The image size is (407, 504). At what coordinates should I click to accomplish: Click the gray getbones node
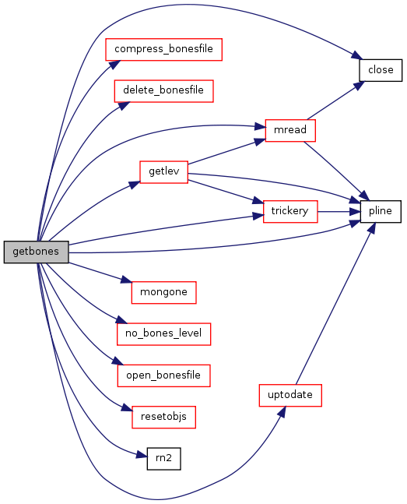coord(36,252)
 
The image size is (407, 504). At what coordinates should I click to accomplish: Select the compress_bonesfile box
coord(163,49)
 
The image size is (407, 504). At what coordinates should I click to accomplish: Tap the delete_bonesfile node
coord(163,91)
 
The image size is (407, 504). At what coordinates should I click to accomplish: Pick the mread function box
coord(290,130)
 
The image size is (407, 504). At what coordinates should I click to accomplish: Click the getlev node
coord(164,172)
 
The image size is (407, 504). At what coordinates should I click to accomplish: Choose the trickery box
coord(290,212)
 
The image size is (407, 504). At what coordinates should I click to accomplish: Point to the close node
coord(381,70)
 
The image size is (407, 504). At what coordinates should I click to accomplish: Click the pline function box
coord(381,212)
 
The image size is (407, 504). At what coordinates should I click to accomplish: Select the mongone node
coord(164,292)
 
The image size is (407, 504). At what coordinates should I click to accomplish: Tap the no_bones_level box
coord(164,334)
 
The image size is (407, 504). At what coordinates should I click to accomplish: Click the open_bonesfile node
coord(164,375)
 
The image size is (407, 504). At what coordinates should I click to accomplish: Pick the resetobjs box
coord(164,418)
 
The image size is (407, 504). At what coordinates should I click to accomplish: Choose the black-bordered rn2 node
coord(164,459)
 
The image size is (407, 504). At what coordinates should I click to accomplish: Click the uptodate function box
coord(290,395)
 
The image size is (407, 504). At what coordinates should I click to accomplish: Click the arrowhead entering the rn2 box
coord(142,455)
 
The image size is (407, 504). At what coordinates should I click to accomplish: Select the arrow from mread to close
coord(336,100)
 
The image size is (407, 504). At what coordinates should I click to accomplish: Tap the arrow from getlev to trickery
coord(226,192)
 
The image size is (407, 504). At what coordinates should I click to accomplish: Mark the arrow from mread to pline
coord(336,171)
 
